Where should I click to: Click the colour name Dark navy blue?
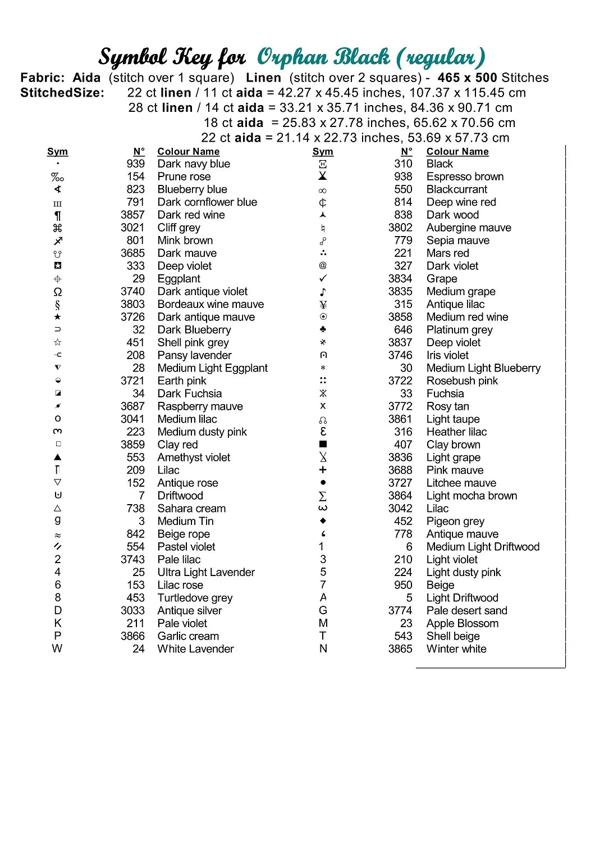tap(194, 164)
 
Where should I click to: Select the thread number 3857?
tap(132, 215)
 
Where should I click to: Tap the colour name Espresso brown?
tap(465, 177)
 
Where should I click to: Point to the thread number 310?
tap(403, 164)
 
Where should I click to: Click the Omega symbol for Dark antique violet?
tap(58, 292)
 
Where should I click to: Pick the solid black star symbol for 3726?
tap(58, 318)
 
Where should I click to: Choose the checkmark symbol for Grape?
tap(323, 279)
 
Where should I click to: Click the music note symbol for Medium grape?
tap(323, 292)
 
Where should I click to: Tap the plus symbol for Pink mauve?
tap(323, 470)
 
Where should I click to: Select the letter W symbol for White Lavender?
tap(57, 649)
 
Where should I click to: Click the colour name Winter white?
tap(456, 649)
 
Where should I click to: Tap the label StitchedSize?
tap(62, 93)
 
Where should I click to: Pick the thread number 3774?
tap(400, 611)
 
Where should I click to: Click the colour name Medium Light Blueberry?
tap(483, 368)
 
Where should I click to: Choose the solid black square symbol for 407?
tap(323, 445)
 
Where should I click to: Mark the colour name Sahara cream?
tap(191, 509)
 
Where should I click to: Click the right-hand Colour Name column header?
tap(457, 152)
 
